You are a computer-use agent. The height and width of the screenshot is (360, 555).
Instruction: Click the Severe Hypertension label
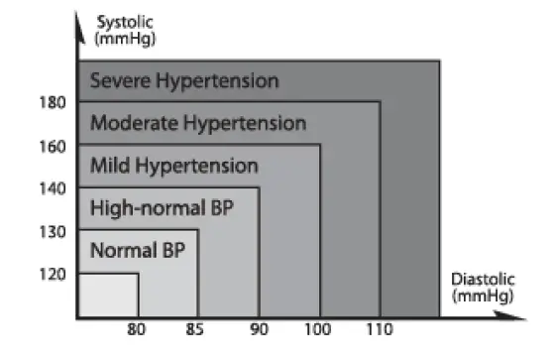point(184,80)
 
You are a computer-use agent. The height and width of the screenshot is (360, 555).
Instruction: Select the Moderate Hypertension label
point(198,123)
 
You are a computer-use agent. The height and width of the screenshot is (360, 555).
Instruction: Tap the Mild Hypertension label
point(173,166)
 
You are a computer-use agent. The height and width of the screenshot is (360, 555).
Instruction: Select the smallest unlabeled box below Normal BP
point(108,296)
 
